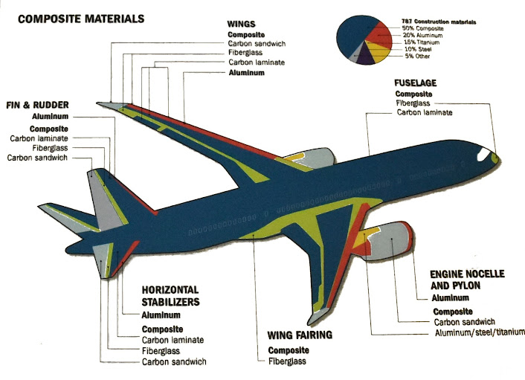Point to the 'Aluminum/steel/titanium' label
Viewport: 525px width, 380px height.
480,332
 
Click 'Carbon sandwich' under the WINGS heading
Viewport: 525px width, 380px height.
257,44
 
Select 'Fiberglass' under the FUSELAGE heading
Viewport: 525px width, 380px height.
413,103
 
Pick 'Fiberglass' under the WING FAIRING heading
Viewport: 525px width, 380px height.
287,361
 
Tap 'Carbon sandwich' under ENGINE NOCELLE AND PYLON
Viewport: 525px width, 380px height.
465,321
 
